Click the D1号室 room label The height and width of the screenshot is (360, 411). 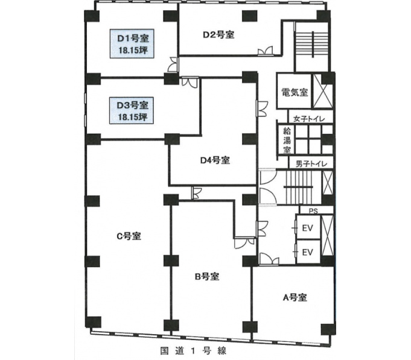tap(133, 39)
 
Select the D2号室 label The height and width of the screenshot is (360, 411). tap(218, 34)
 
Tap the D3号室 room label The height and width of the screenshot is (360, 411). tap(132, 106)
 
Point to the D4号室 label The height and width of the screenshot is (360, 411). tap(215, 160)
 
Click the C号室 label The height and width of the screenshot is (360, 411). tap(129, 236)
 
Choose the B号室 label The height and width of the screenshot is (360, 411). tap(207, 276)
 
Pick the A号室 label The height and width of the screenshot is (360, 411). tap(295, 297)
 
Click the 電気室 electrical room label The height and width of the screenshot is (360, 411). tap(295, 92)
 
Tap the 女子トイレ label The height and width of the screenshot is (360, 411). tap(309, 119)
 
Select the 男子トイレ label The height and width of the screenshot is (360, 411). tap(311, 164)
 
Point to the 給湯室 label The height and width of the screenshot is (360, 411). tap(287, 140)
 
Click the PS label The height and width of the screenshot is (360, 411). tap(313, 211)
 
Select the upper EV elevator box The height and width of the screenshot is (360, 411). tap(308, 227)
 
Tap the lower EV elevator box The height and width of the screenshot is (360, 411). tap(308, 252)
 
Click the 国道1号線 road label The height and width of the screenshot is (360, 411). tap(193, 351)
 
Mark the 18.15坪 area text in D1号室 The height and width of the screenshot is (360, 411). tap(133, 50)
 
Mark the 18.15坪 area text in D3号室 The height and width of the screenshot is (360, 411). tap(132, 117)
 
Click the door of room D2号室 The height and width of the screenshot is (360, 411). tap(266, 51)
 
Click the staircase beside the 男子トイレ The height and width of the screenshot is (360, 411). tap(299, 187)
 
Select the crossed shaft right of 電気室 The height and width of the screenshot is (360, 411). tap(323, 91)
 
